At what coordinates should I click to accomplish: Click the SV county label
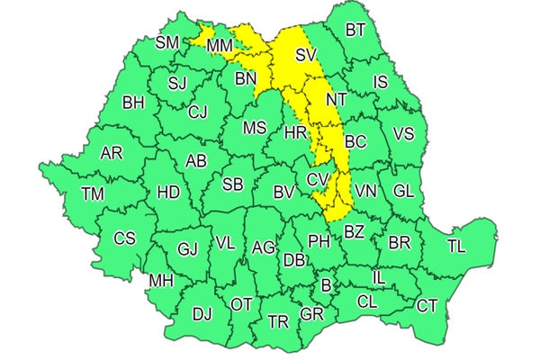306,55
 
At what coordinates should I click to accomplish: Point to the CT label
426,305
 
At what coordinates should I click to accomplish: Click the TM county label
92,193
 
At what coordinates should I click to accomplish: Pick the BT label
355,30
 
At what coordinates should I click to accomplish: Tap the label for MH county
161,281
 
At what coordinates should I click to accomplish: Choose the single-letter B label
326,286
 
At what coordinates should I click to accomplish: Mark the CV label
318,180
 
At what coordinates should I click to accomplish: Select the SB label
232,185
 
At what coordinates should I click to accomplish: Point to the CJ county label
198,112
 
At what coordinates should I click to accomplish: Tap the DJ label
202,314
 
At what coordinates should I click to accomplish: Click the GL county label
404,191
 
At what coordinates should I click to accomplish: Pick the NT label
337,99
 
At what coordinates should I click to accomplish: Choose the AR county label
112,153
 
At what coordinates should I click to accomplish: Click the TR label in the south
278,321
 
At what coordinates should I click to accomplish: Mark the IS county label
380,83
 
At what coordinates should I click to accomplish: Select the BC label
355,141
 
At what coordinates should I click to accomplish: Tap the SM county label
167,42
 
